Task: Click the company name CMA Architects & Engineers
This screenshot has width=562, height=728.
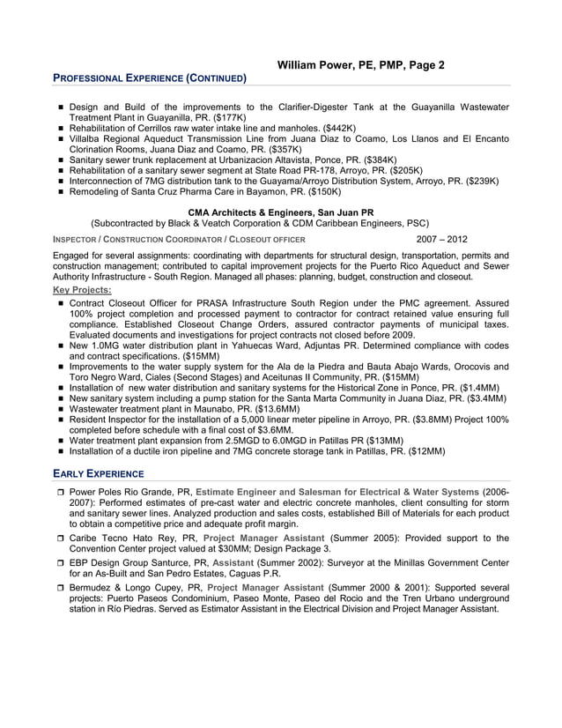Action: pos(281,212)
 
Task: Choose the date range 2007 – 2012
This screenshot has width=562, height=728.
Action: pos(441,239)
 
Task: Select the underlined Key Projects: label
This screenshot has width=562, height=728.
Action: pos(83,289)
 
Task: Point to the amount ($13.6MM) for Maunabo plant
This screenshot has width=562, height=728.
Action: pos(274,409)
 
